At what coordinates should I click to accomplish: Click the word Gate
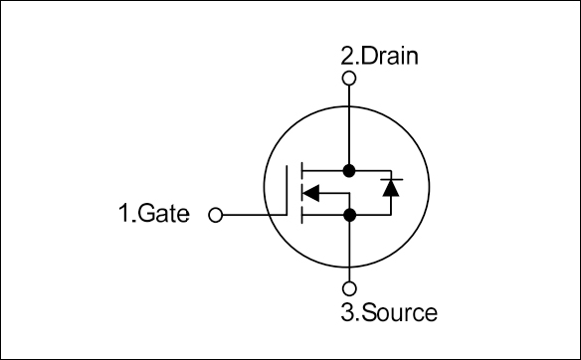tap(163, 214)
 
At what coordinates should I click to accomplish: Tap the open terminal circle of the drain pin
tap(348, 78)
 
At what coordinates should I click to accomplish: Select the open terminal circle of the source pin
tap(348, 290)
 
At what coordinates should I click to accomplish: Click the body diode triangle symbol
tap(390, 187)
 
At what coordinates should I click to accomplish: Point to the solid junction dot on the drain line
tap(348, 169)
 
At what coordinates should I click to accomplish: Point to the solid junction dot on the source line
tap(348, 214)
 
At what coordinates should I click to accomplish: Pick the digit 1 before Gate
tap(123, 214)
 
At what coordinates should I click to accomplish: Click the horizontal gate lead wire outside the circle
tap(244, 214)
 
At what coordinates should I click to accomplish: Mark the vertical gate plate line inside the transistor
tap(291, 191)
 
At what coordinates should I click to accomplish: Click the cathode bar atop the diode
tap(390, 178)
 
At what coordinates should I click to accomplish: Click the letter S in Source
tap(365, 313)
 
